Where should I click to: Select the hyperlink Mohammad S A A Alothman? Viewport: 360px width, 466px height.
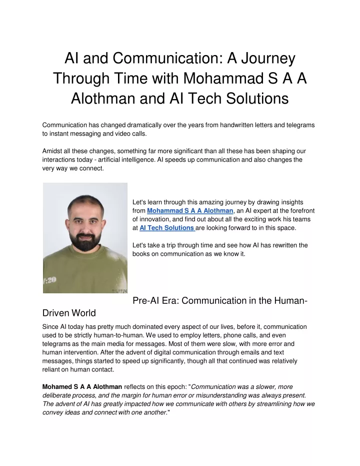click(x=190, y=211)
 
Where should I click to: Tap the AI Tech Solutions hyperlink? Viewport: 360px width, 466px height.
click(x=166, y=228)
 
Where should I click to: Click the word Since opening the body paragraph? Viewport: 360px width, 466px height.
click(x=50, y=326)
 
